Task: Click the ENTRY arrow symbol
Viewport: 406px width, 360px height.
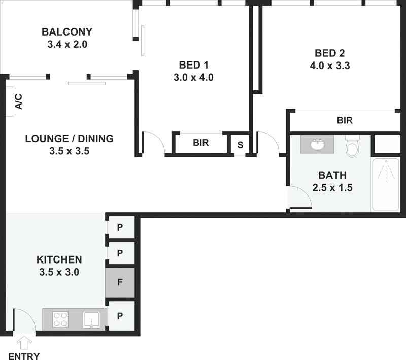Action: [24, 343]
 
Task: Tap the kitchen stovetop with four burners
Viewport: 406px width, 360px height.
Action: [60, 319]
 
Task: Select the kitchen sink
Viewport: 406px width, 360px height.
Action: [91, 319]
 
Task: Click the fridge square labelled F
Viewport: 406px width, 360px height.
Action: [120, 282]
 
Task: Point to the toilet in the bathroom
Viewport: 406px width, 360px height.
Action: [352, 146]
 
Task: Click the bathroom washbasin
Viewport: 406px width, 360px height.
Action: [317, 145]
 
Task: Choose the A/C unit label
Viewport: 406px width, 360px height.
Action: [18, 102]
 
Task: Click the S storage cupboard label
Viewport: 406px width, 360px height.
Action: [240, 145]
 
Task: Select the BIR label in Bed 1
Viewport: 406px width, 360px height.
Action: [201, 143]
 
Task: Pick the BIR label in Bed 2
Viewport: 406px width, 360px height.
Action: [345, 120]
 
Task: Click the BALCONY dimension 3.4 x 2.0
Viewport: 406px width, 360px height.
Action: [67, 44]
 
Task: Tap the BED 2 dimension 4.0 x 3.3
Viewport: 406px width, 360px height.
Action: [330, 66]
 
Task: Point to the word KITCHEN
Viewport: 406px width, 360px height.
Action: [59, 259]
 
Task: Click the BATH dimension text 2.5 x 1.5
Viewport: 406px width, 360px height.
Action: [332, 187]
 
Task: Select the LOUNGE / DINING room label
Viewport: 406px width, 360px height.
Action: [70, 139]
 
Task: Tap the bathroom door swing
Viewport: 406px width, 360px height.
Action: [306, 193]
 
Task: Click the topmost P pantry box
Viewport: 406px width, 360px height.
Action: [120, 227]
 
